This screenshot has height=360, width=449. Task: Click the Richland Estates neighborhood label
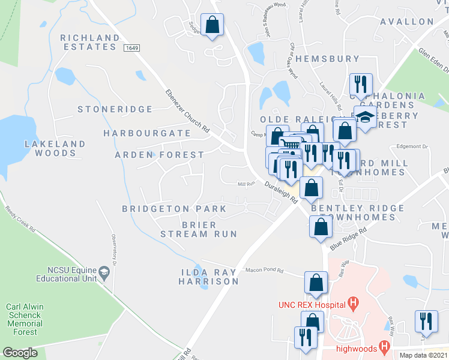click(90, 43)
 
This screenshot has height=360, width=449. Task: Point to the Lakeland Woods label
click(55, 149)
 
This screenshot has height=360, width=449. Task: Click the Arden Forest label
click(160, 155)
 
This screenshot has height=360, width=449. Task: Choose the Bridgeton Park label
click(174, 209)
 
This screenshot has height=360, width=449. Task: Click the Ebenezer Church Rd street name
click(188, 112)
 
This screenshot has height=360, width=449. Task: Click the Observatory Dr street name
click(113, 247)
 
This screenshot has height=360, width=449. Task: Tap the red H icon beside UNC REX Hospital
click(354, 304)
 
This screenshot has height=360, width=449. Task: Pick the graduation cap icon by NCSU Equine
click(104, 274)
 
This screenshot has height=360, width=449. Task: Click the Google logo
click(20, 353)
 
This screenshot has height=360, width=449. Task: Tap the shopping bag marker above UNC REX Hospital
click(316, 283)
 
